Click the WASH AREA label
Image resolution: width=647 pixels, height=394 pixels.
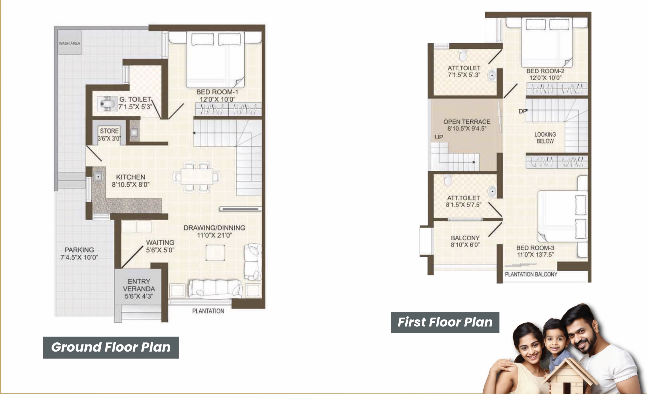click(x=69, y=43)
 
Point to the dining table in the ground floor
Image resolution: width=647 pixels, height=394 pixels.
click(x=197, y=176)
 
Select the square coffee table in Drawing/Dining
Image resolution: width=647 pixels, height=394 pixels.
click(x=215, y=253)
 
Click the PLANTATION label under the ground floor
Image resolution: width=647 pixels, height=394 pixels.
click(x=208, y=311)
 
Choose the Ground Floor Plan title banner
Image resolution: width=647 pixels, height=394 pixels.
click(x=111, y=347)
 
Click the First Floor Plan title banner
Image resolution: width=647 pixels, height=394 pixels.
click(x=445, y=322)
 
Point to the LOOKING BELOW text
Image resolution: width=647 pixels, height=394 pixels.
click(x=545, y=138)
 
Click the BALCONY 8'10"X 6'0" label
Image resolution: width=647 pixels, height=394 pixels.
click(x=465, y=241)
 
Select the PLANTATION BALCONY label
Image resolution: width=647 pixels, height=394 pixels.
click(x=531, y=274)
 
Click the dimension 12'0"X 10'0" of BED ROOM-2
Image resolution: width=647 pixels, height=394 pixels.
click(x=545, y=78)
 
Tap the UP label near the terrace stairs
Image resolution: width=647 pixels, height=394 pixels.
click(x=439, y=137)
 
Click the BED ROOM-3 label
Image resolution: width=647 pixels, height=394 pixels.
click(x=535, y=248)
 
